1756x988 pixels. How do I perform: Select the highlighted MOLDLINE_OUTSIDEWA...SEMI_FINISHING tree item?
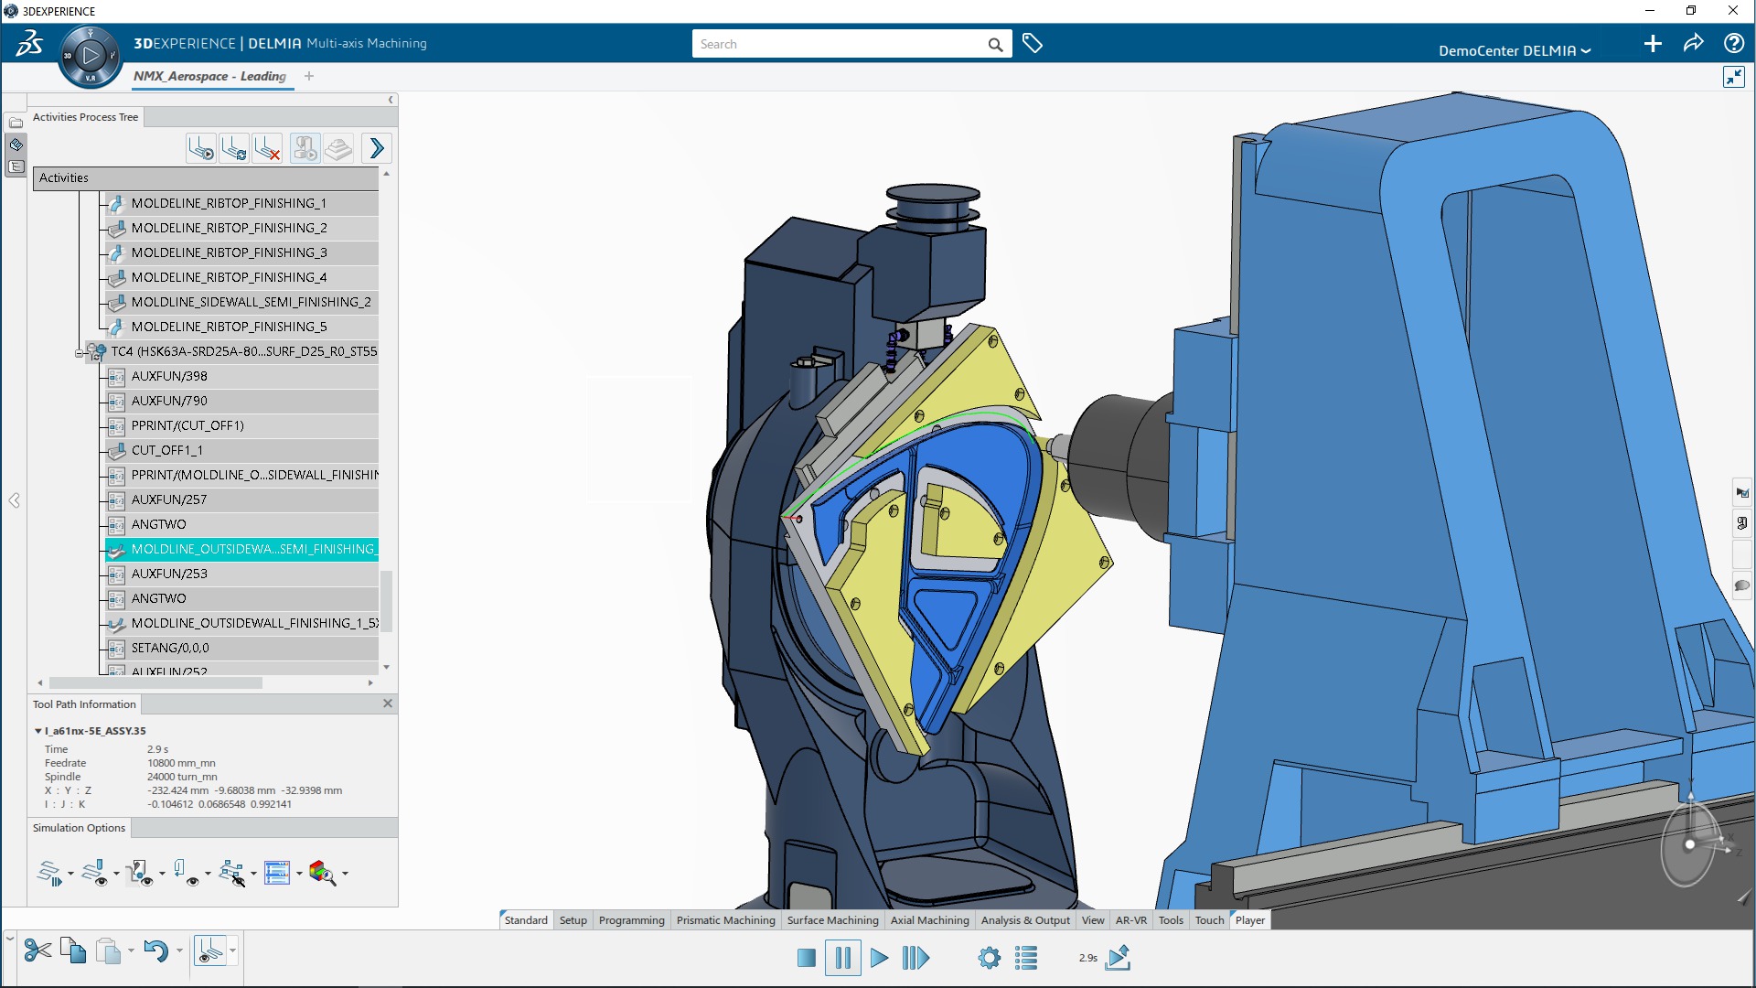click(252, 549)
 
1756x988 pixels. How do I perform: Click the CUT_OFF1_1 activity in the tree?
click(167, 450)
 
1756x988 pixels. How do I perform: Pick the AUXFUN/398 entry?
click(169, 376)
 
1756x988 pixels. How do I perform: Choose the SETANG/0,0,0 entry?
click(170, 648)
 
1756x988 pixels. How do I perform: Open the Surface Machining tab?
click(832, 920)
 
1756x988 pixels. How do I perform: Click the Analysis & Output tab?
click(1024, 920)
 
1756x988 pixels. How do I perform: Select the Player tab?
click(1249, 920)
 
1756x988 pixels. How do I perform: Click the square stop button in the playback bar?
click(806, 958)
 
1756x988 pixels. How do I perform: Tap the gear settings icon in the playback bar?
click(989, 958)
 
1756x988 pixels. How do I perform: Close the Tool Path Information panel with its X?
click(388, 703)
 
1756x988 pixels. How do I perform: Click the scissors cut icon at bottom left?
click(37, 951)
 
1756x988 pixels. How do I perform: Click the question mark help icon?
click(1733, 43)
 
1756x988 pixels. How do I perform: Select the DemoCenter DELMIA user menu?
click(1514, 50)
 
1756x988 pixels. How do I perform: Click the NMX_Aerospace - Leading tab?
click(209, 76)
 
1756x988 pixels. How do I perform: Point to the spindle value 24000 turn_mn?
click(182, 777)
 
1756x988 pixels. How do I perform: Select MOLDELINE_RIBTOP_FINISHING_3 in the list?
click(229, 252)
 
